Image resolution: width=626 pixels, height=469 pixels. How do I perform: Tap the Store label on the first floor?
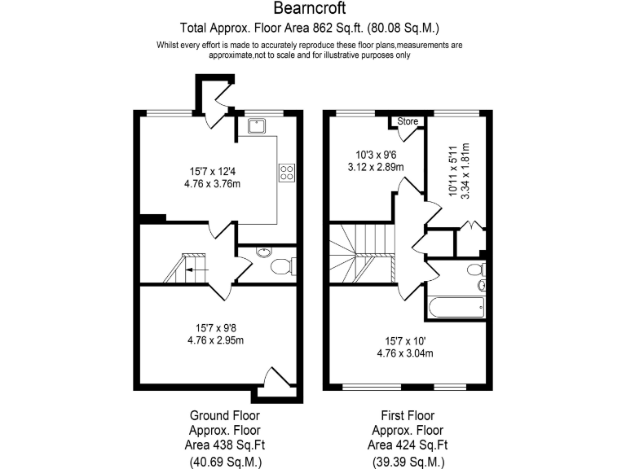(408, 121)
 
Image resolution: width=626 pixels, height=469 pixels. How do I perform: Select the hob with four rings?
(287, 172)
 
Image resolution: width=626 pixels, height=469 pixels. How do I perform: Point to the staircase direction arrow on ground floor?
(196, 266)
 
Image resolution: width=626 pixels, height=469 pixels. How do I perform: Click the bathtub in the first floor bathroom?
(454, 308)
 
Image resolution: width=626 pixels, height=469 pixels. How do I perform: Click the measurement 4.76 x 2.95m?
(216, 340)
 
